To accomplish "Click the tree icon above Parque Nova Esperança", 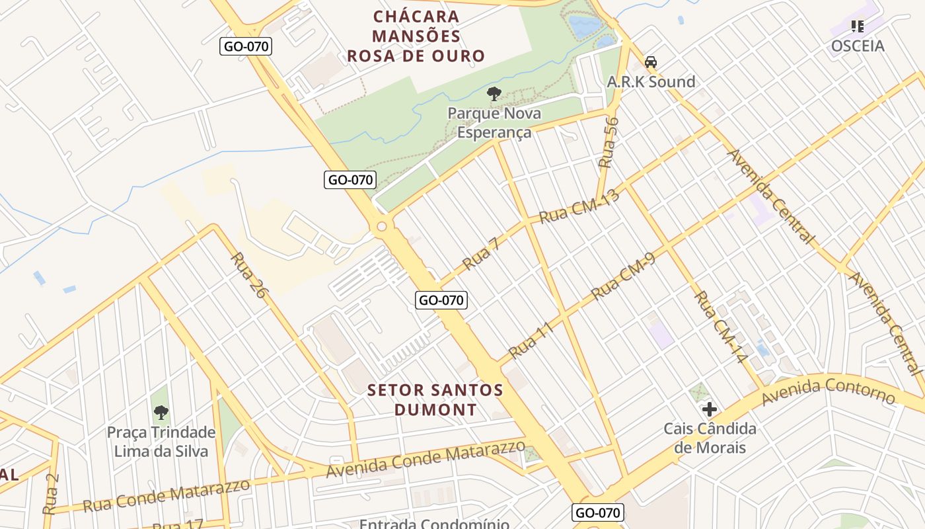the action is (494, 93).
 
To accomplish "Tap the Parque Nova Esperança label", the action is (494, 122).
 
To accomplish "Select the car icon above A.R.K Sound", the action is (651, 62).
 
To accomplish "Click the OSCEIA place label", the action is (858, 46).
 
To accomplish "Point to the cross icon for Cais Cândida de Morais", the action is (710, 409).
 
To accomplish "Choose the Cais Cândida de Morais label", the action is (710, 438).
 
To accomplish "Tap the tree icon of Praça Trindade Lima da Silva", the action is (161, 413).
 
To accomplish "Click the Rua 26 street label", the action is (250, 275).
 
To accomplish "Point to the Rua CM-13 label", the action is (580, 206).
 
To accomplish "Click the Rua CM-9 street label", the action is (623, 276).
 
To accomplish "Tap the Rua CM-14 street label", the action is (721, 327).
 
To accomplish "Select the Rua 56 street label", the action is (609, 142).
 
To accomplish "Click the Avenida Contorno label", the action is (829, 391).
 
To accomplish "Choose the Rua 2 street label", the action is (51, 494).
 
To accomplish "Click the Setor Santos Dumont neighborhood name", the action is (435, 399).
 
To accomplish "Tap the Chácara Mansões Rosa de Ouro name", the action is (416, 36).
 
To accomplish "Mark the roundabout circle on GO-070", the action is (382, 227).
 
